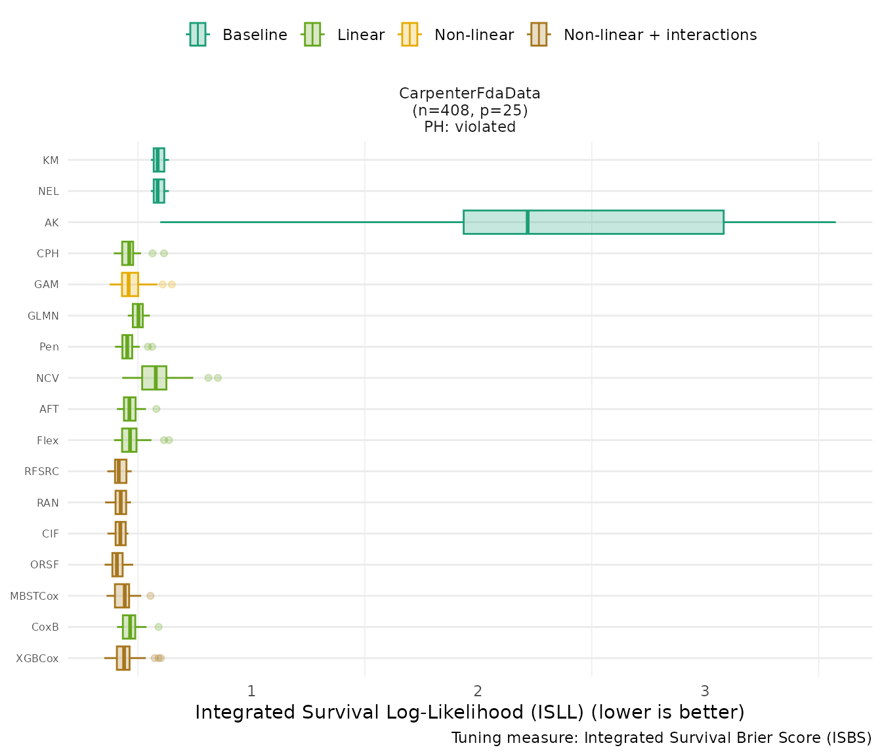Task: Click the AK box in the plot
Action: (623, 222)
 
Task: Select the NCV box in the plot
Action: (154, 378)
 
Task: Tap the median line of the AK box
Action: (528, 222)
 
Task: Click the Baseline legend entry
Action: (254, 35)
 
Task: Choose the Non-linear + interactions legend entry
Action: (660, 35)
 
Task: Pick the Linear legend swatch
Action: (312, 34)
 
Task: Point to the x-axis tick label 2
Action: (478, 691)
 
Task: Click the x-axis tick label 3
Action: (705, 691)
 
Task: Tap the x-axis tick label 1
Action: (251, 691)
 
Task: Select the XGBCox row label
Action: (37, 658)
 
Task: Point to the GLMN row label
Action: (43, 316)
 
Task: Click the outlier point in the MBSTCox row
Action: (150, 596)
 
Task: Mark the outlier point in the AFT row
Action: (156, 409)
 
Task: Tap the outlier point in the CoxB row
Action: (158, 627)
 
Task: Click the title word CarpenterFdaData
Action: (470, 93)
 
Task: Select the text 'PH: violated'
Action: (470, 127)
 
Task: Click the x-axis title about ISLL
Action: (470, 713)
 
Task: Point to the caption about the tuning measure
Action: (661, 738)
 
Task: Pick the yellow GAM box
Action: (130, 284)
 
